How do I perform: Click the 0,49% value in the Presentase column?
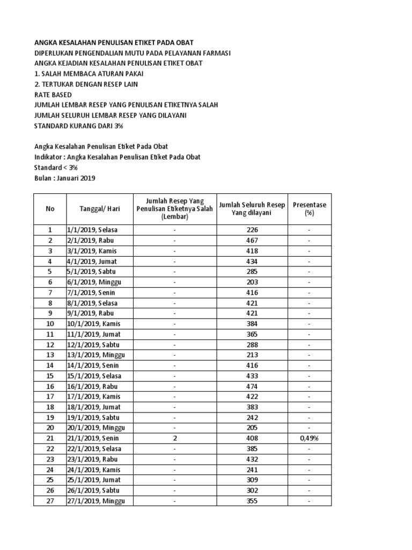click(309, 438)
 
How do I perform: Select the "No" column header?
click(50, 209)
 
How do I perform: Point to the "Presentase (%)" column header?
click(309, 209)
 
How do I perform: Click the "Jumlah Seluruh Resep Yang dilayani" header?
click(252, 209)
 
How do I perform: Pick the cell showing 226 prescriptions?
click(252, 230)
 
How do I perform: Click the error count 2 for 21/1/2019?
click(175, 438)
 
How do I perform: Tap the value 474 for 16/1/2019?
click(252, 386)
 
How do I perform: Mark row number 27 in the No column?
click(50, 501)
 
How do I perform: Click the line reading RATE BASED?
click(53, 95)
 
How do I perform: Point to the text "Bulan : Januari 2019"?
click(64, 178)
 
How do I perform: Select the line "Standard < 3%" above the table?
click(56, 168)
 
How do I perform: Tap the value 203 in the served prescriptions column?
click(252, 282)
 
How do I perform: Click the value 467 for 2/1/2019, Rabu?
click(252, 240)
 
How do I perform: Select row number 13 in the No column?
click(50, 355)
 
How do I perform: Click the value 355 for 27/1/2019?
click(252, 501)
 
